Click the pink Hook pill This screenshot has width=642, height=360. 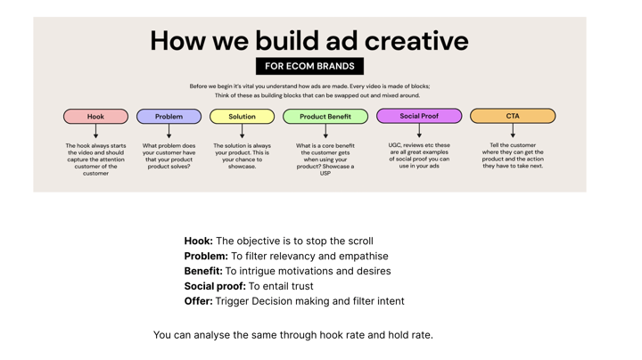(x=95, y=116)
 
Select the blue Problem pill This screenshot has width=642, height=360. (x=169, y=116)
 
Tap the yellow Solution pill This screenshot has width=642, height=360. (x=242, y=116)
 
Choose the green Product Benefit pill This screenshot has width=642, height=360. (x=325, y=116)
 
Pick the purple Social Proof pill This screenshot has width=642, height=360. (x=419, y=116)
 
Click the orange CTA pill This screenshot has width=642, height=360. (x=513, y=116)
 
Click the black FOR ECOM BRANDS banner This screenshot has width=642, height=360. (x=309, y=66)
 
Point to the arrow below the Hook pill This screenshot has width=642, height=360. (x=95, y=131)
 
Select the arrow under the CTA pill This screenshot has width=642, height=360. (x=513, y=130)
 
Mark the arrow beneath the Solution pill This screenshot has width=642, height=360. (x=242, y=131)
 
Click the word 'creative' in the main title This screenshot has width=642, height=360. (x=416, y=40)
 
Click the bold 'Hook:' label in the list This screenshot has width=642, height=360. (x=199, y=241)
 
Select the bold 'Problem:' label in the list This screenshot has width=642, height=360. (x=206, y=256)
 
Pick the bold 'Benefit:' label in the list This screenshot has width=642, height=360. (x=203, y=271)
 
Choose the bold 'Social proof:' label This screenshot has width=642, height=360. (x=215, y=286)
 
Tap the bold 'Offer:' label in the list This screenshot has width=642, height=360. (x=199, y=301)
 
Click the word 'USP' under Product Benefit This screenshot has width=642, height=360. (x=325, y=174)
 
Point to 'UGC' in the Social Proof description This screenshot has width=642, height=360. (x=395, y=145)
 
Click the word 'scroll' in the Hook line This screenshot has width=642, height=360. (x=358, y=241)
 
